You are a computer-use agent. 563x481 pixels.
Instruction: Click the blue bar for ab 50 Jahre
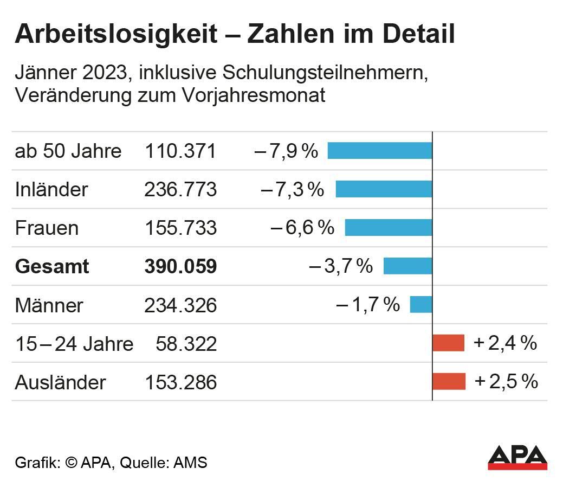(380, 150)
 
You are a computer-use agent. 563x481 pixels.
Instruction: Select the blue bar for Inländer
(384, 189)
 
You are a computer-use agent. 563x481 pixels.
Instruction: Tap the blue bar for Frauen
(389, 227)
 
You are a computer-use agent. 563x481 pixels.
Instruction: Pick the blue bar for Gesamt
(407, 266)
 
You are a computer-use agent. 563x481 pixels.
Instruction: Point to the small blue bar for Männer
(420, 304)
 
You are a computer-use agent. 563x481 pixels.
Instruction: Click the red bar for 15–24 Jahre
(448, 343)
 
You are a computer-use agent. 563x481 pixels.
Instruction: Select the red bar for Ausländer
(449, 381)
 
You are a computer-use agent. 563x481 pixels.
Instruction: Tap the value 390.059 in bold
(180, 266)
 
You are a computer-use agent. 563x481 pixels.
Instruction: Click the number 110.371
(180, 151)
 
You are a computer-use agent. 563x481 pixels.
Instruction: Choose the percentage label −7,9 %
(286, 151)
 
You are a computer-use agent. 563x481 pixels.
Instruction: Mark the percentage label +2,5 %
(506, 381)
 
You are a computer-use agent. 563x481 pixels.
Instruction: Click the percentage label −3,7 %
(341, 266)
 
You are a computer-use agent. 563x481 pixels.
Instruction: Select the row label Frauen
(47, 228)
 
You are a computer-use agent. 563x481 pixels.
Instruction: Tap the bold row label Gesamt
(51, 267)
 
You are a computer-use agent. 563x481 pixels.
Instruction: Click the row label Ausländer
(60, 382)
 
